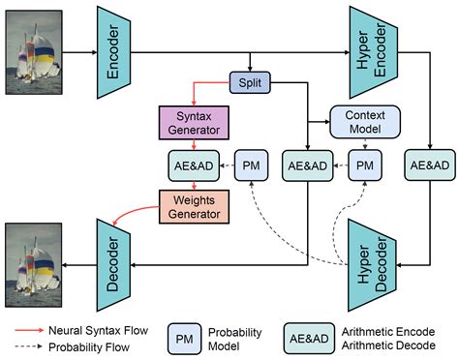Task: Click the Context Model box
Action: click(x=365, y=120)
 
